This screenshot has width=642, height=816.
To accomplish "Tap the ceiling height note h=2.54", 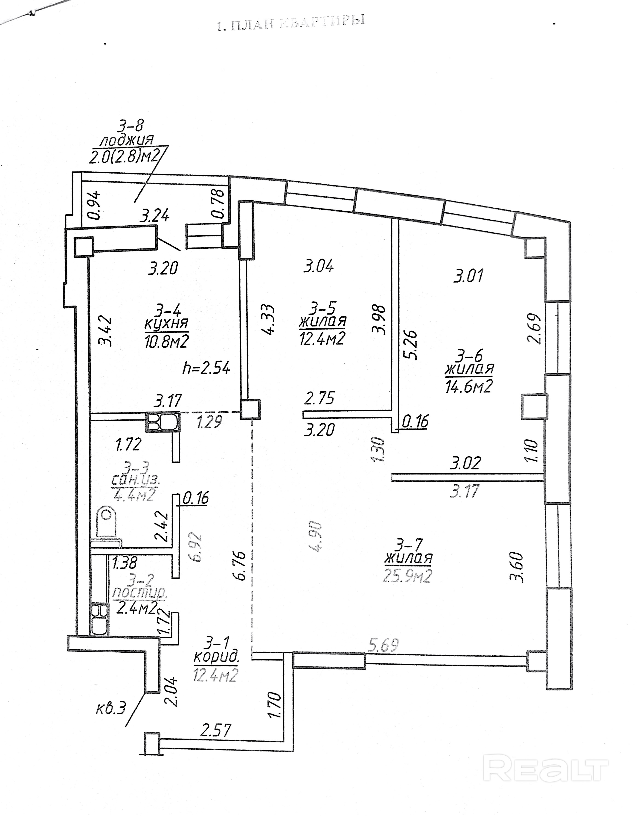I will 206,368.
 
